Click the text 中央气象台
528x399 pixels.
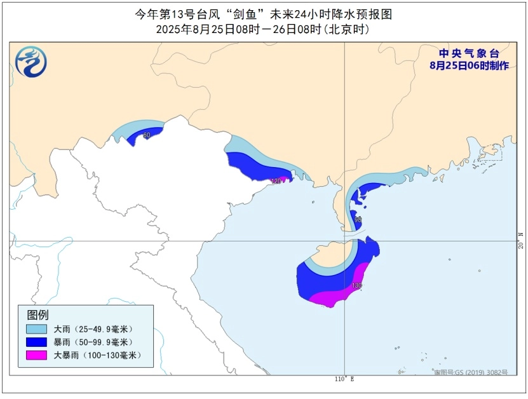469,54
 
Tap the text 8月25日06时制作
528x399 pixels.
469,65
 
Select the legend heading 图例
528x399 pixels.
37,314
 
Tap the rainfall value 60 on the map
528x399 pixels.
147,135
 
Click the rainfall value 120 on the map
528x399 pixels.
275,181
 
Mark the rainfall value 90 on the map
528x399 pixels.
358,220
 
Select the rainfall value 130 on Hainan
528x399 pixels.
357,286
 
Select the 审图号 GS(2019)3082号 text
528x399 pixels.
471,372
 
